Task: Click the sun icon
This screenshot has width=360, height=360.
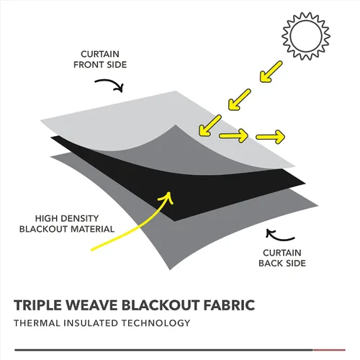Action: [x=306, y=36]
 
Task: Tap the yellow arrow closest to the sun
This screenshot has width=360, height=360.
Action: [x=271, y=71]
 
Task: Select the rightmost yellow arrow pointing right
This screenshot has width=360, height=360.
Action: [x=271, y=137]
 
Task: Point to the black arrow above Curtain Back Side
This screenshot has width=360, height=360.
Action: [x=279, y=237]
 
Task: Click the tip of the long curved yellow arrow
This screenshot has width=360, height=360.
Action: [x=169, y=192]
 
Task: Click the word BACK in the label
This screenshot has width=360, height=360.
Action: [x=271, y=264]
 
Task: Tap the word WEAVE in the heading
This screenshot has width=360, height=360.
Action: [x=92, y=305]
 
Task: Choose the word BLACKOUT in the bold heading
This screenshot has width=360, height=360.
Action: [x=161, y=305]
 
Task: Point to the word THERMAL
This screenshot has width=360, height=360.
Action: [x=37, y=323]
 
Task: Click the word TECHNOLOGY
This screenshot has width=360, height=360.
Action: [x=156, y=323]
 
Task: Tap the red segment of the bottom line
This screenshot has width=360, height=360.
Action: [x=329, y=350]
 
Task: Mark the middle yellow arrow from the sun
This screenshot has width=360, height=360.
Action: [x=239, y=99]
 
